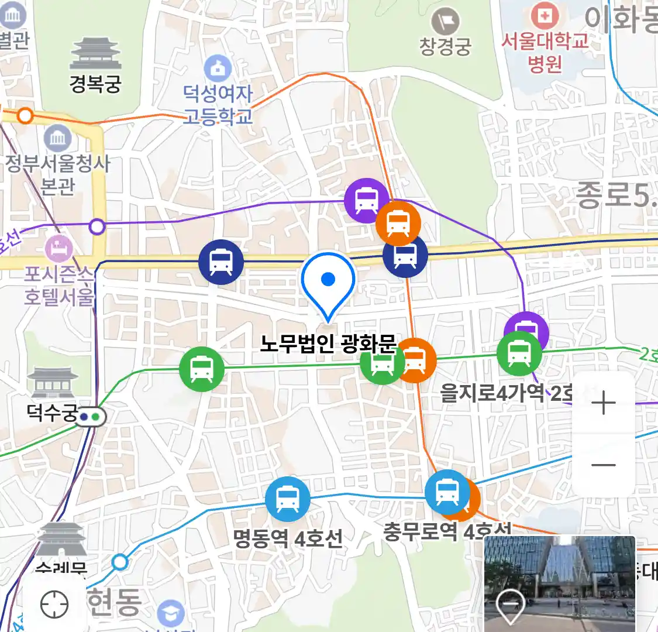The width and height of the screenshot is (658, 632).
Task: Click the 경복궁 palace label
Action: (x=95, y=84)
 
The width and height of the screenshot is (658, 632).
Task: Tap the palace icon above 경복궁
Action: (x=95, y=54)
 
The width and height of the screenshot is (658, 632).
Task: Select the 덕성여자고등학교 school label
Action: (x=218, y=104)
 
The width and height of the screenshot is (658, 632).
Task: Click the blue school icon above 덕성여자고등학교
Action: (x=218, y=68)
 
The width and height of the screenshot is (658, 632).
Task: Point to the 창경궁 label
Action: (x=445, y=47)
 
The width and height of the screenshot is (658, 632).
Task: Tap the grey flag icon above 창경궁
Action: (x=445, y=22)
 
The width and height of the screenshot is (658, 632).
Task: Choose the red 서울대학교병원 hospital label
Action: (x=545, y=51)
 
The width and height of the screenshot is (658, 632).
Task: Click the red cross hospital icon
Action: (x=545, y=16)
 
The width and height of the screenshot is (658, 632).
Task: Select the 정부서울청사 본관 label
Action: (x=57, y=174)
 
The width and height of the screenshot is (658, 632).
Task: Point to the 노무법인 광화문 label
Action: (x=328, y=344)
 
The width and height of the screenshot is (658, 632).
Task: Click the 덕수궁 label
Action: (x=52, y=413)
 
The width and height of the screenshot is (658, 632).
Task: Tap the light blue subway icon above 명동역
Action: (x=287, y=499)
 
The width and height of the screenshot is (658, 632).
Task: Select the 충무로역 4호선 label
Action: (x=447, y=531)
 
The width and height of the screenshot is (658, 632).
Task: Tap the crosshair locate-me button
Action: (x=54, y=604)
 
